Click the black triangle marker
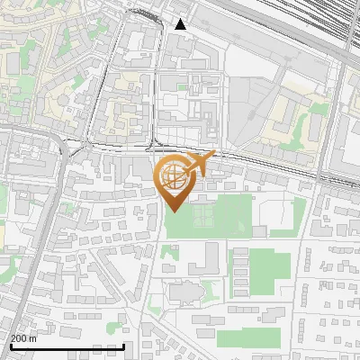pos(181,24)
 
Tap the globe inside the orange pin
pos(175,178)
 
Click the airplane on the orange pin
pos(203,163)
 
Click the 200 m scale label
pos(24,338)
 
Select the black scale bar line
pos(67,347)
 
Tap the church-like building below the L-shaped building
pos(184,292)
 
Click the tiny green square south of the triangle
pos(182,87)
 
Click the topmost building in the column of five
pos(240,256)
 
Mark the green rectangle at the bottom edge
pos(243,338)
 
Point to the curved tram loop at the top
pos(144,13)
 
